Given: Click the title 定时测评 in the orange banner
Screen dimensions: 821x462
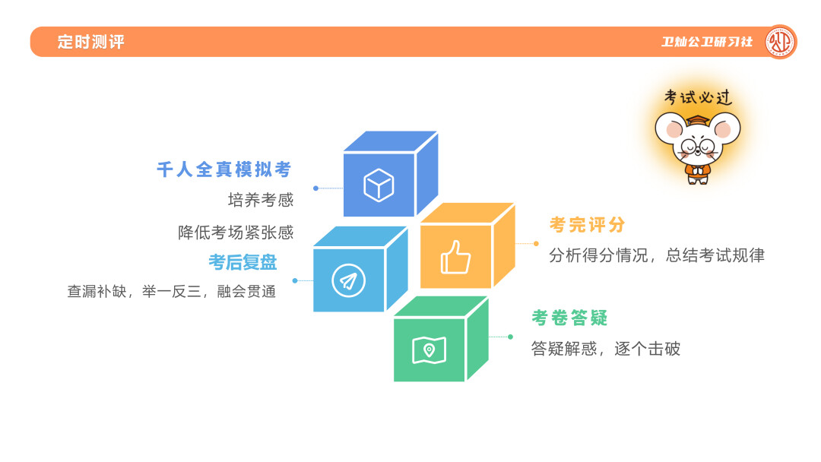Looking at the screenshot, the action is (90, 42).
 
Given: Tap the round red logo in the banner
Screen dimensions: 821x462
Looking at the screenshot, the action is (780, 42).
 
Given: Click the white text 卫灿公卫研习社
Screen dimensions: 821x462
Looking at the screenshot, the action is (707, 42).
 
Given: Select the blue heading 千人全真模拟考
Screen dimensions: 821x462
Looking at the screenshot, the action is (223, 169).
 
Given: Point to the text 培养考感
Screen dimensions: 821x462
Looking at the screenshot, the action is (261, 200).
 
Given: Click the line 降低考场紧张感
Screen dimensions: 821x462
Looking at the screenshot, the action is (236, 233).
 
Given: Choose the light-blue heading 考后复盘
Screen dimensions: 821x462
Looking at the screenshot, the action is (243, 262).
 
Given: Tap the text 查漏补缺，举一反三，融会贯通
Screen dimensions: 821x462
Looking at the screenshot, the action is (172, 292).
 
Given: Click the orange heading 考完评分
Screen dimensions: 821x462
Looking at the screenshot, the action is (587, 225).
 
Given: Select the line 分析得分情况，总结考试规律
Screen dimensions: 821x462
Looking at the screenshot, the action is (657, 255).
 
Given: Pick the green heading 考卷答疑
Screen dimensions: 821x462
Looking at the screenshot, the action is (569, 318).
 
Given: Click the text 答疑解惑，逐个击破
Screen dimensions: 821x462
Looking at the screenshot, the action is (606, 349).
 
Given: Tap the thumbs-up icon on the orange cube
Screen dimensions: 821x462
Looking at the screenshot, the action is (455, 257).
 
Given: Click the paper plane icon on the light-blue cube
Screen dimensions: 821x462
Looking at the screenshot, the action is (348, 280).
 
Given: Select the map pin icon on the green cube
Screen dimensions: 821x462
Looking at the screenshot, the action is (429, 350).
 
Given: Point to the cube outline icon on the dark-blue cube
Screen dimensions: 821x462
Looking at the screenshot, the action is (379, 185).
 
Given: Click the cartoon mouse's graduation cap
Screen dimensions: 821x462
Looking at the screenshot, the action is (697, 120).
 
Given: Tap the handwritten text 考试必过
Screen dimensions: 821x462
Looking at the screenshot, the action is (698, 97).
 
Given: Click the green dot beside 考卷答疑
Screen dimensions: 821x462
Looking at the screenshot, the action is (511, 337).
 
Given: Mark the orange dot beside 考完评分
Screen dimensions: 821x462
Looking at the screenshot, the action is (536, 243).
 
